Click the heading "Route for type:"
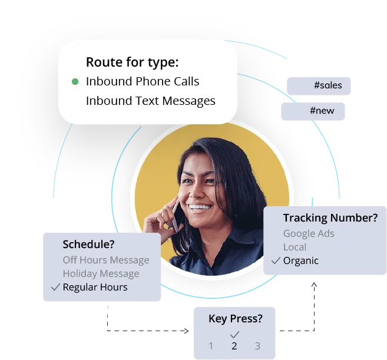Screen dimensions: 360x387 132,62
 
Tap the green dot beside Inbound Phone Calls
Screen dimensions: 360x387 75,82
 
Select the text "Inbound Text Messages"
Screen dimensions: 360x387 150,101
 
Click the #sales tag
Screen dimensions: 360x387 328,85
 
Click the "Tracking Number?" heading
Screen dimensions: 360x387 330,218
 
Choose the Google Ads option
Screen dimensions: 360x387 309,233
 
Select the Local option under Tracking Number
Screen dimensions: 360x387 295,247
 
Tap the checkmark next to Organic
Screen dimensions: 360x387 275,260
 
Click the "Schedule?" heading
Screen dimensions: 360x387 88,245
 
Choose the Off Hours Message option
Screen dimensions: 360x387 106,260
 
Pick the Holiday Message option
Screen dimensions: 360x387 101,273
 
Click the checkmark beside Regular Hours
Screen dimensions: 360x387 55,288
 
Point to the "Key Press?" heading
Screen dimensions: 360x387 235,319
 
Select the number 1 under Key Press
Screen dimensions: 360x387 211,346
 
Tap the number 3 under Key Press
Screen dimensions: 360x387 257,346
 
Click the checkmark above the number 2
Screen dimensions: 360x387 234,334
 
